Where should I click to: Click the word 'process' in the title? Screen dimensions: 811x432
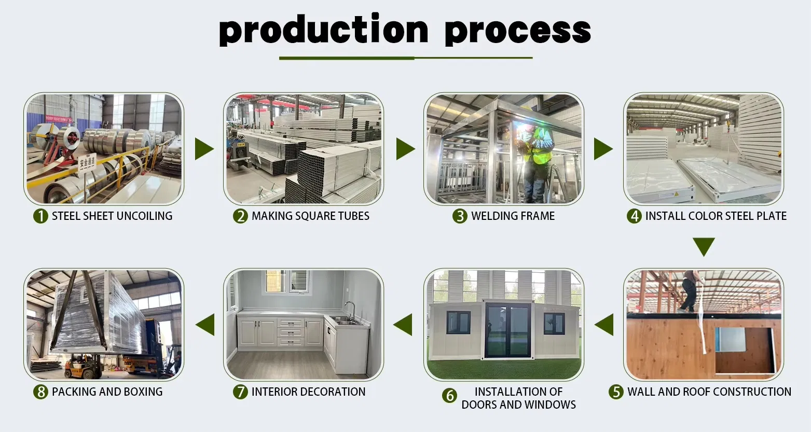(x=518, y=32)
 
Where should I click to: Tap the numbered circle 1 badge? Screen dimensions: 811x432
(x=40, y=216)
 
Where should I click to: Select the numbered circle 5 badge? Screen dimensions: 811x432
(x=616, y=392)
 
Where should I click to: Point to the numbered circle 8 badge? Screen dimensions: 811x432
(x=40, y=392)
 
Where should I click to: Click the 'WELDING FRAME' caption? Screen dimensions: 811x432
(x=513, y=216)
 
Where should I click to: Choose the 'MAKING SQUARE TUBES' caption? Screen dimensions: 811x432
(x=310, y=216)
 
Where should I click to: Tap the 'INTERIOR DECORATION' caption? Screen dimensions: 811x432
(x=308, y=392)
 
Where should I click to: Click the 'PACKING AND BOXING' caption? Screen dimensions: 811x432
(x=107, y=392)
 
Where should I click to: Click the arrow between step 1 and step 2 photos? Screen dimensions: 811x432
(x=204, y=149)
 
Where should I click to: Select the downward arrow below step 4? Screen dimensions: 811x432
(x=704, y=247)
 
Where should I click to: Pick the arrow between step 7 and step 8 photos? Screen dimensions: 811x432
(x=205, y=325)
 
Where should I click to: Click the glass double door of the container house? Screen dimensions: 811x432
(x=508, y=330)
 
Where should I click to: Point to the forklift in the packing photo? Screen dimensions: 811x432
(x=82, y=366)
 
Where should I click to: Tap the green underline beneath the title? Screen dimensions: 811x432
(x=406, y=58)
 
